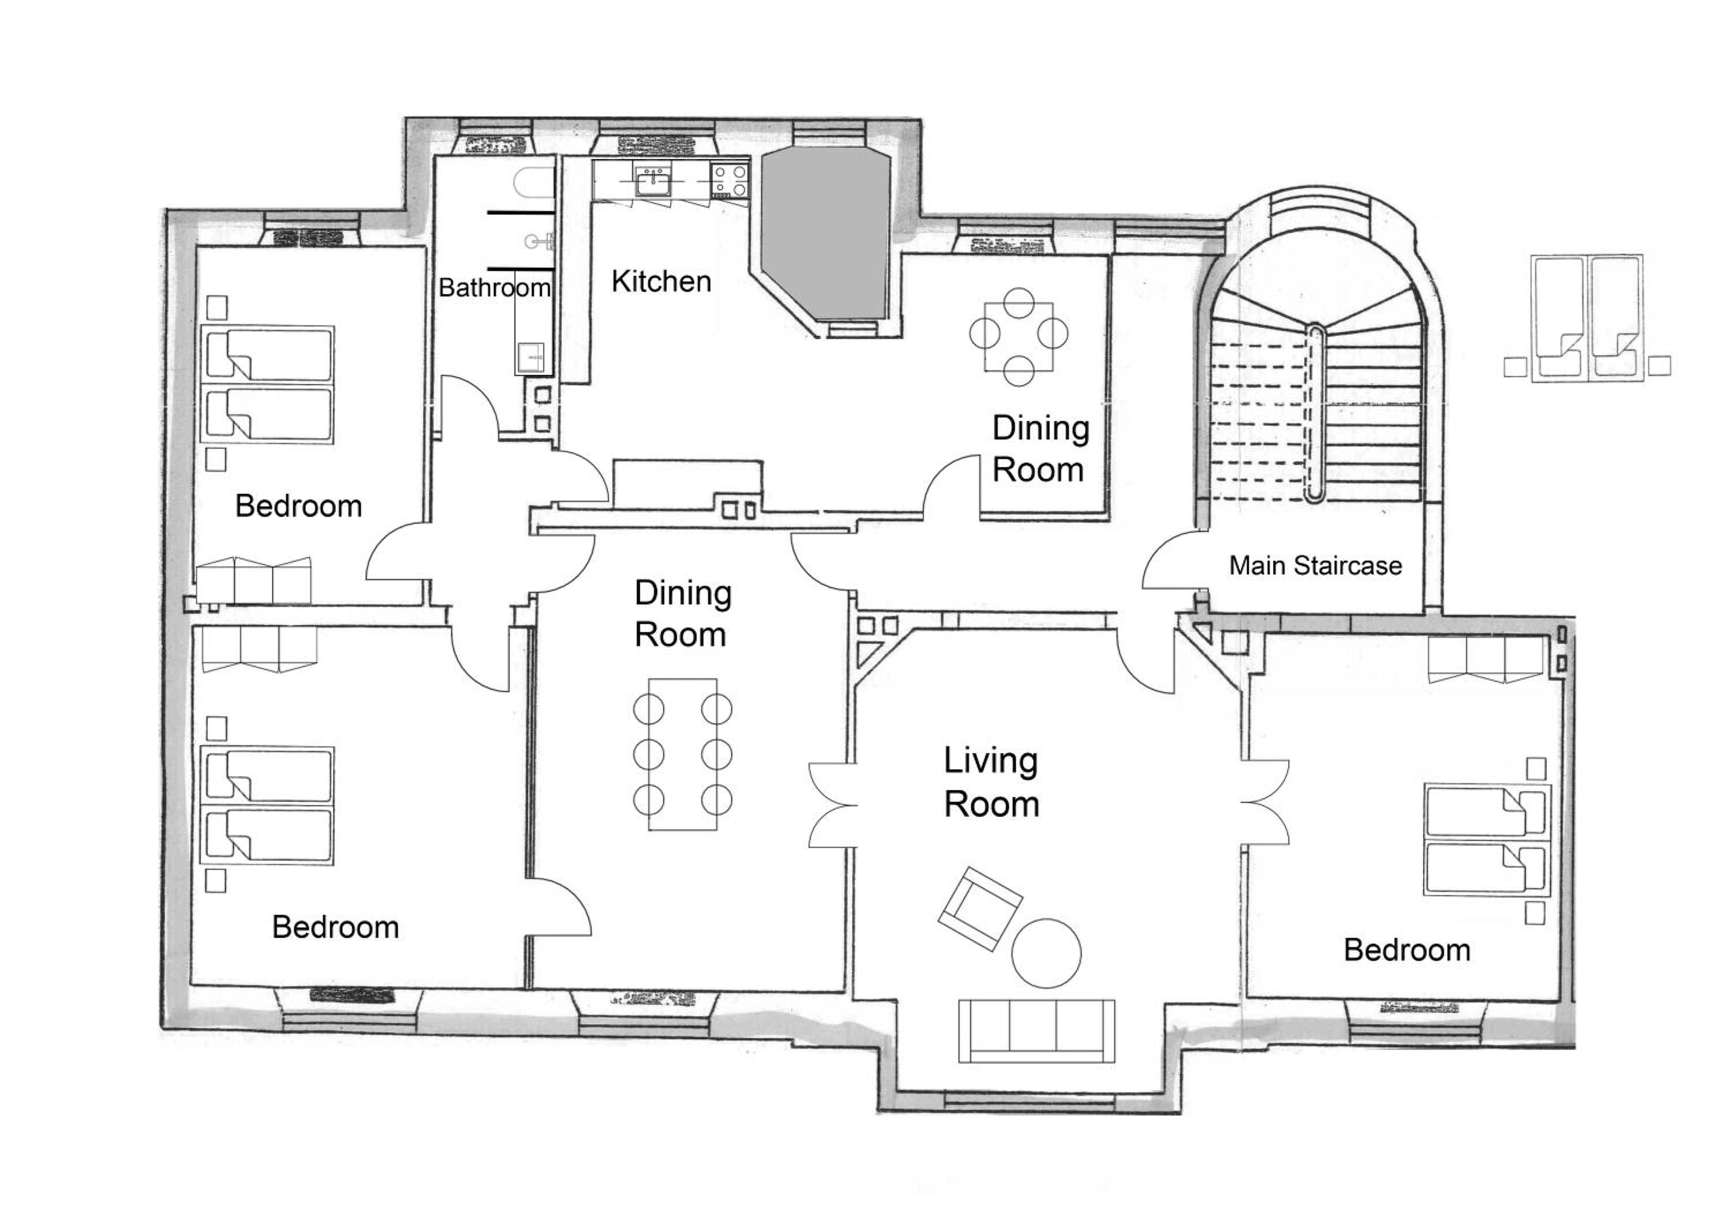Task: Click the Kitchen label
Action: pyautogui.click(x=661, y=281)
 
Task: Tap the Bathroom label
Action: pyautogui.click(x=495, y=287)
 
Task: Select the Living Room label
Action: pyautogui.click(x=991, y=782)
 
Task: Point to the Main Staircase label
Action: pyautogui.click(x=1315, y=565)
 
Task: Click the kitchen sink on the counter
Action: pyautogui.click(x=652, y=182)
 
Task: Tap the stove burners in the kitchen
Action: pyautogui.click(x=729, y=182)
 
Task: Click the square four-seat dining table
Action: pyautogui.click(x=1018, y=336)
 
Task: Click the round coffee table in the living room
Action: pyautogui.click(x=1047, y=953)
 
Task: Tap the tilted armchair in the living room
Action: pyautogui.click(x=980, y=908)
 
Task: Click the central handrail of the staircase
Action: pyautogui.click(x=1316, y=414)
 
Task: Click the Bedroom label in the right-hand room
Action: pyautogui.click(x=1407, y=950)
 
